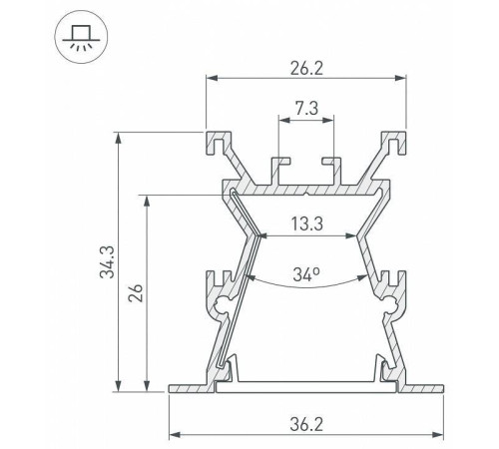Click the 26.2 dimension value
tap(306, 68)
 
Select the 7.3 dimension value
tap(306, 109)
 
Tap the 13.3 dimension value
tap(307, 224)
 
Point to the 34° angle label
tap(306, 274)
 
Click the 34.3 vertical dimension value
tap(108, 261)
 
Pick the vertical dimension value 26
tap(136, 292)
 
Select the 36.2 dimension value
tap(306, 425)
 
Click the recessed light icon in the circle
tap(81, 37)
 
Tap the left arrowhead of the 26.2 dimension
tap(212, 78)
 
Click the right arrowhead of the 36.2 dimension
tap(438, 435)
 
